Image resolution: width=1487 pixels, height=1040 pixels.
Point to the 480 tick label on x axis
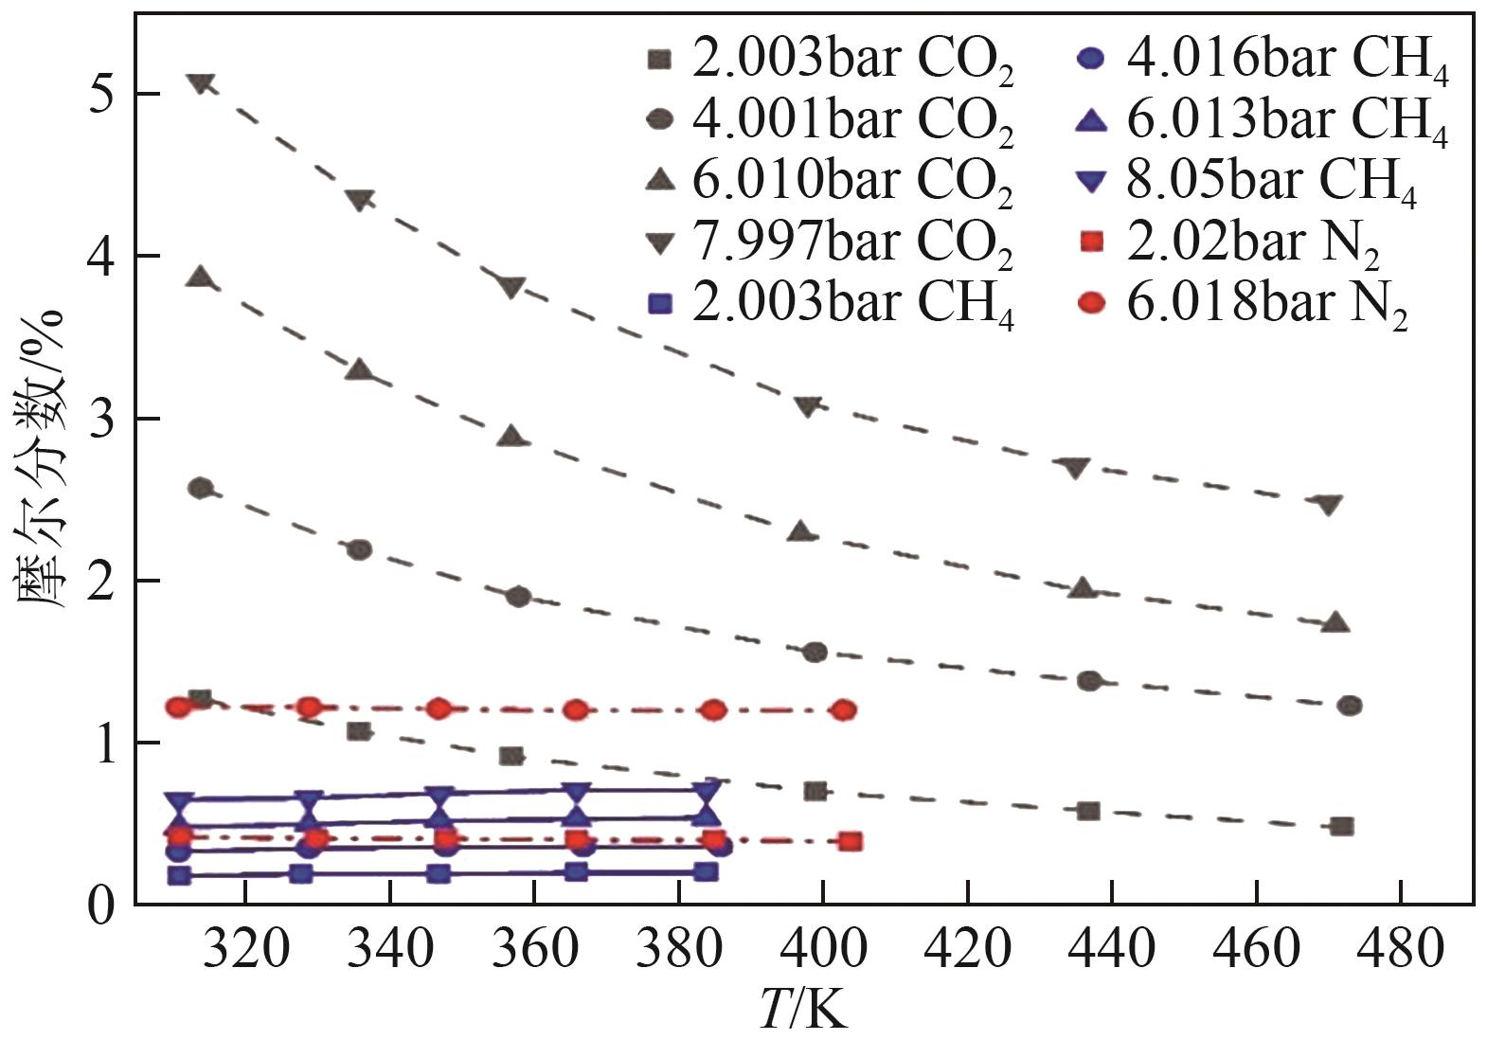pyautogui.click(x=1399, y=948)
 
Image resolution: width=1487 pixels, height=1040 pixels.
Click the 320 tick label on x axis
pyautogui.click(x=244, y=948)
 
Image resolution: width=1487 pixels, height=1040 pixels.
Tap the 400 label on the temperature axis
pyautogui.click(x=823, y=948)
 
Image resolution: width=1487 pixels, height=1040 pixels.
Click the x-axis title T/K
pyautogui.click(x=803, y=1010)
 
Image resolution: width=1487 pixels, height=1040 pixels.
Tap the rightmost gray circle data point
pyautogui.click(x=1350, y=706)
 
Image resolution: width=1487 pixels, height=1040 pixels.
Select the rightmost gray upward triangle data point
pyautogui.click(x=1335, y=623)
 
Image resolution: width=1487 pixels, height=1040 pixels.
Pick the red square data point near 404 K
pyautogui.click(x=851, y=842)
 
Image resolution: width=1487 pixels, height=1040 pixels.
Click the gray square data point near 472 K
pyautogui.click(x=1340, y=827)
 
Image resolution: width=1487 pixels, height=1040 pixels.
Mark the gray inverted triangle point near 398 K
pyautogui.click(x=807, y=406)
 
